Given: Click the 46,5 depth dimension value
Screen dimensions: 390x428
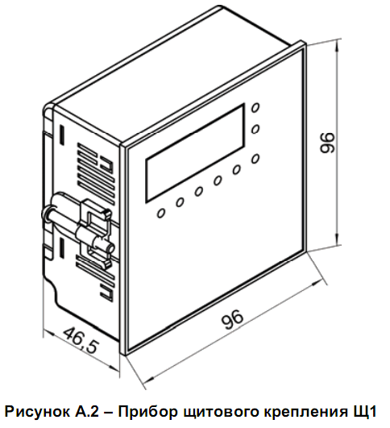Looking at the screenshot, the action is coord(81,340).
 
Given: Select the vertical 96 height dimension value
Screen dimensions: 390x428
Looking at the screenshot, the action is coord(326,143).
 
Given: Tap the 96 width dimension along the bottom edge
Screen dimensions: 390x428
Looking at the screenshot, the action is coord(232,319).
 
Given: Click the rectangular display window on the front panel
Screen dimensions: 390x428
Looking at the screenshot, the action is coord(195,153).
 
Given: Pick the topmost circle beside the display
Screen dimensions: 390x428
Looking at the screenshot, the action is coord(255,107).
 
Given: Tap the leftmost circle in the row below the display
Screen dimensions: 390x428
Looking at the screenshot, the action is coord(161,213).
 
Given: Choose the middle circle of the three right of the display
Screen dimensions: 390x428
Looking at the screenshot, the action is coord(255,129).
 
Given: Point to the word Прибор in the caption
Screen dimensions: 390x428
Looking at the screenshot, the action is coord(147,412).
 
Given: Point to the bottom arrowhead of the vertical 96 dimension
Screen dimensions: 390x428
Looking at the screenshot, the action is coord(338,239).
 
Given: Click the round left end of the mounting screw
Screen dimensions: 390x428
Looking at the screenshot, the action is coord(46,214).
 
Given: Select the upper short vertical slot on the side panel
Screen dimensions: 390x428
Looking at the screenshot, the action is coord(63,135).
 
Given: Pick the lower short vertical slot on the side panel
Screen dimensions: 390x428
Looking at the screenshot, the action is coord(62,247).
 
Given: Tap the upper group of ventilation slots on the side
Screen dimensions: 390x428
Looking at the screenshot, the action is coord(96,172).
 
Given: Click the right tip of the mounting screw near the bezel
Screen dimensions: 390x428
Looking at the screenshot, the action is coord(111,249).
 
